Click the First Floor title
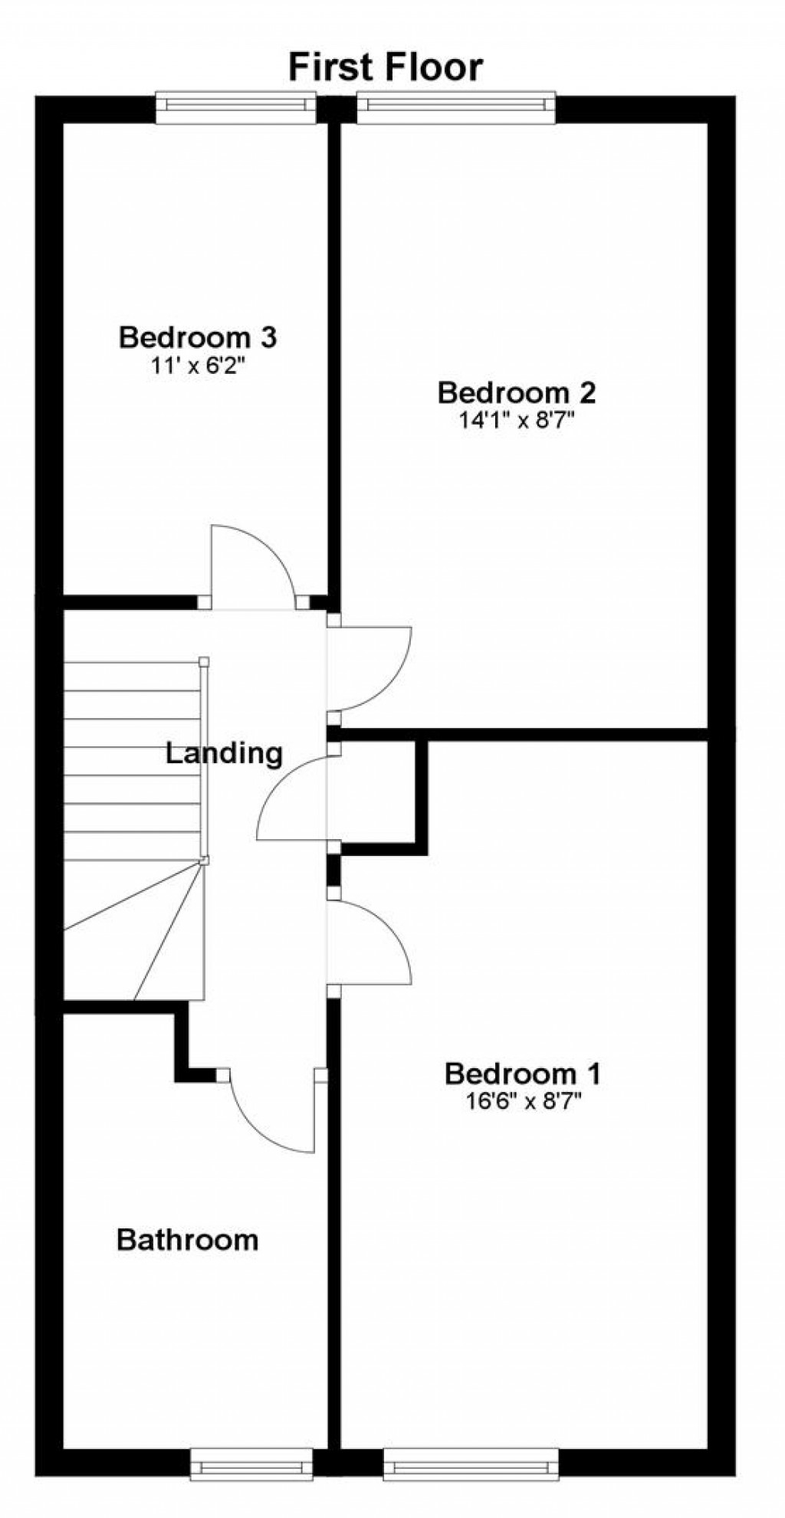tap(386, 67)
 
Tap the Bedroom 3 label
tap(197, 337)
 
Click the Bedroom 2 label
tap(517, 393)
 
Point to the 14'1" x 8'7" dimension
tap(517, 421)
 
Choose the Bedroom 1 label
tap(523, 1074)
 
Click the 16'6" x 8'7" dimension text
tap(523, 1101)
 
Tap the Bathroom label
tap(187, 1239)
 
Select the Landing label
tap(224, 754)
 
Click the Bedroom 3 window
tap(236, 107)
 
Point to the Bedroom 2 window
tap(456, 107)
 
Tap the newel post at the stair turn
tap(204, 861)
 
